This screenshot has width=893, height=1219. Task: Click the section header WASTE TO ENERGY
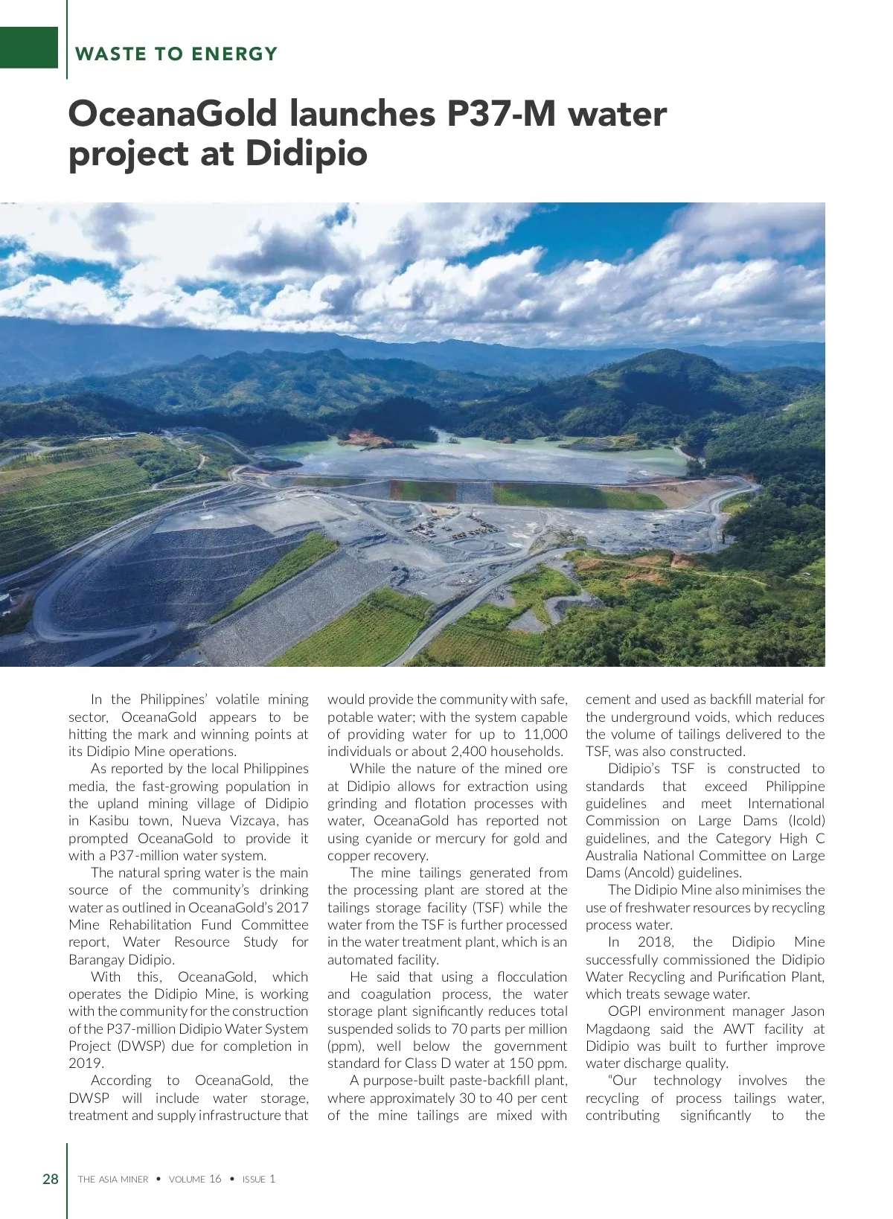[176, 54]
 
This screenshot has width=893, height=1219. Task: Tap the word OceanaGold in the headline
[173, 114]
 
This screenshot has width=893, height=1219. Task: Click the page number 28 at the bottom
[51, 1179]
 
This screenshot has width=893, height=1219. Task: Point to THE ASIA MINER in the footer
[113, 1180]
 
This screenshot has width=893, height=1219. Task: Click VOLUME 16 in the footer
[195, 1180]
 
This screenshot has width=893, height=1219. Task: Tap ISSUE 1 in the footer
[259, 1180]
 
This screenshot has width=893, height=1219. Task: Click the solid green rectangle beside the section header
[28, 48]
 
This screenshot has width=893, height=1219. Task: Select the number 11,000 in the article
[545, 735]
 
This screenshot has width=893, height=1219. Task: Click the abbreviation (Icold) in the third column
[807, 821]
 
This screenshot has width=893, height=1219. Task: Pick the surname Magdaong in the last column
[618, 1029]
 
